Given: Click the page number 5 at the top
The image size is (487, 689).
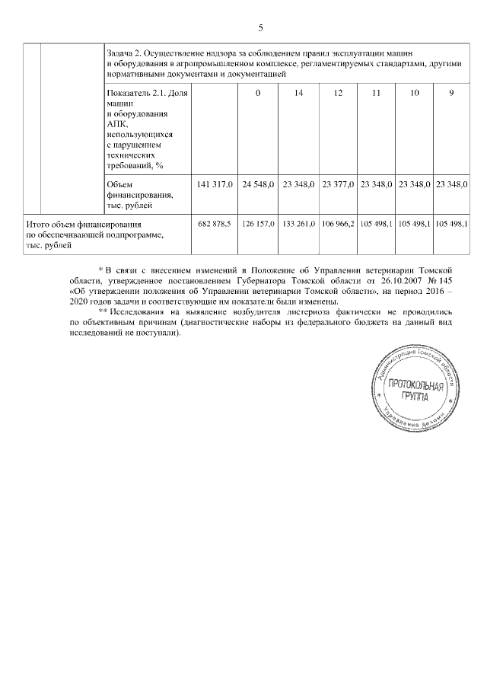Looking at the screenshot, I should [x=260, y=28].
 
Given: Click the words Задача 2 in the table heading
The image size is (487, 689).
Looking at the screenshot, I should [x=124, y=53].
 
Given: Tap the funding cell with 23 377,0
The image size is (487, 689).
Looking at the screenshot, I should [x=336, y=184].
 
